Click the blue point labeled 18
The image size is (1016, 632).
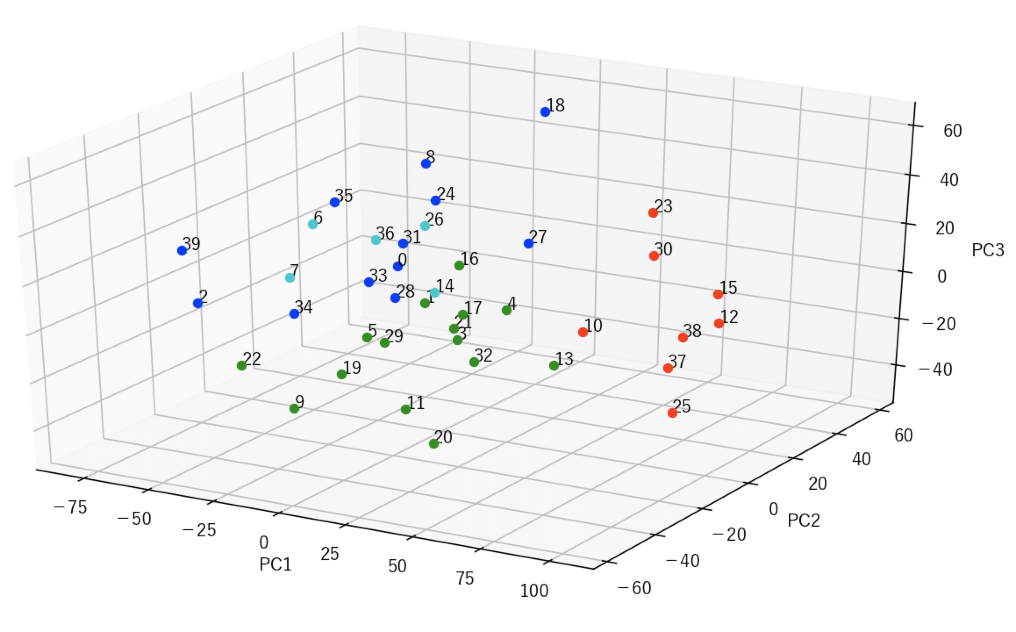click(x=545, y=112)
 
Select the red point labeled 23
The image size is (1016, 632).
click(x=653, y=213)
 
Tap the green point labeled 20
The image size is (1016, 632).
click(x=433, y=444)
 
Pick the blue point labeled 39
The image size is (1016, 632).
click(x=182, y=251)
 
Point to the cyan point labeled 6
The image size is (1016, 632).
click(x=312, y=224)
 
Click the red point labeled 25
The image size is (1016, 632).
click(x=672, y=413)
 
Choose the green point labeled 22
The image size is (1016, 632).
click(x=241, y=366)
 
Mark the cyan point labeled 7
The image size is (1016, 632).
click(x=290, y=278)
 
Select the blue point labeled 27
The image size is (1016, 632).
click(x=528, y=244)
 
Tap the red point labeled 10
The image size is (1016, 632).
click(x=583, y=332)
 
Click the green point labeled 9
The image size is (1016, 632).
click(x=294, y=409)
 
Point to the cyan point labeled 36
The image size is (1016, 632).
click(x=376, y=240)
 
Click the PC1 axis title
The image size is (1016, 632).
click(x=275, y=564)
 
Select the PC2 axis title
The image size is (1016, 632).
click(x=803, y=521)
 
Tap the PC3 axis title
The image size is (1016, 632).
click(x=987, y=250)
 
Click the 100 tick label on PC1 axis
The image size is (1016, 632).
click(x=534, y=591)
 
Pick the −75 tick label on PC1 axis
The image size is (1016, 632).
click(x=70, y=508)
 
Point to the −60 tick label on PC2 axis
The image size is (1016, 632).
click(x=634, y=589)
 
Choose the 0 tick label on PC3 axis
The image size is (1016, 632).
click(x=941, y=276)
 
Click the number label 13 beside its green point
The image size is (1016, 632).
click(x=565, y=359)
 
